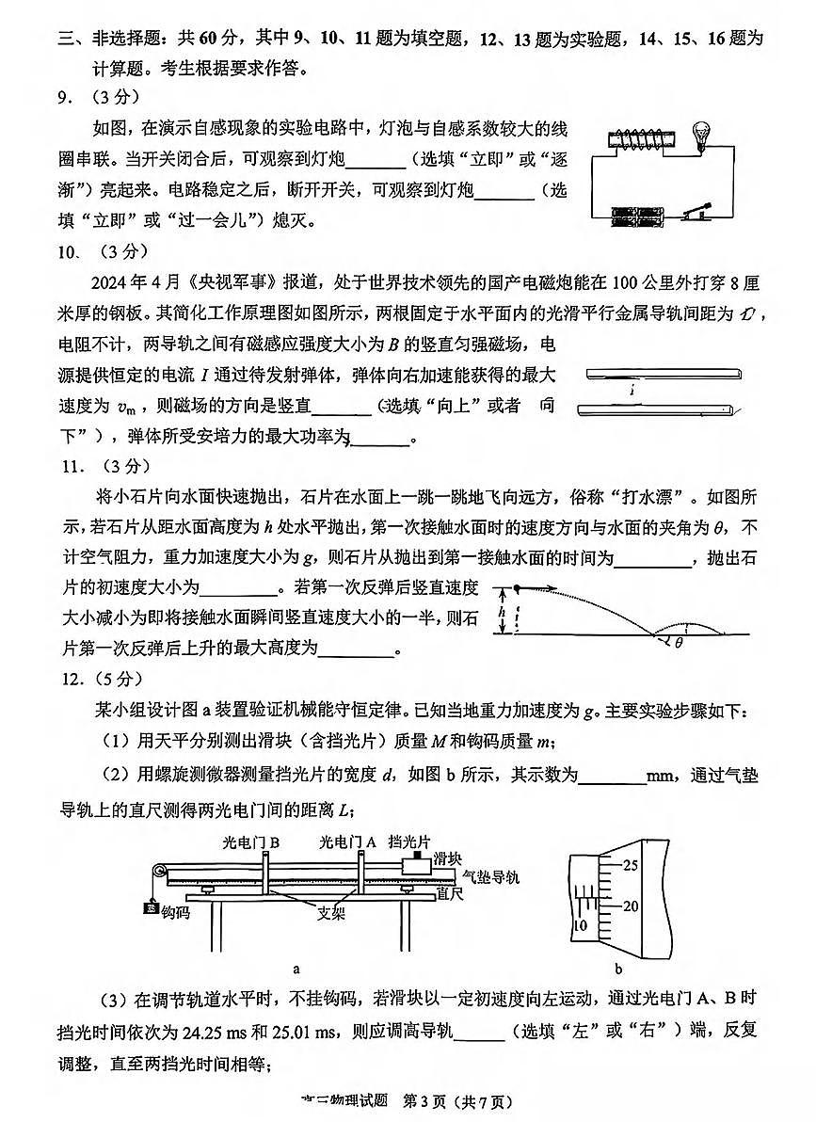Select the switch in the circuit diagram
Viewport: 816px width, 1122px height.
click(697, 210)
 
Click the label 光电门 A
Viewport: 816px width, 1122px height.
click(347, 841)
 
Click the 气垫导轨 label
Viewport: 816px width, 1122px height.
click(490, 877)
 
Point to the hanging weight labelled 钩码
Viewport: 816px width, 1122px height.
click(150, 910)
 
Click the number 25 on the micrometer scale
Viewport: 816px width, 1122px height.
click(630, 864)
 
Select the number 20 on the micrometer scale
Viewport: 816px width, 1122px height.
click(630, 906)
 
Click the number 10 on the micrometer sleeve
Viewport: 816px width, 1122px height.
click(581, 926)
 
